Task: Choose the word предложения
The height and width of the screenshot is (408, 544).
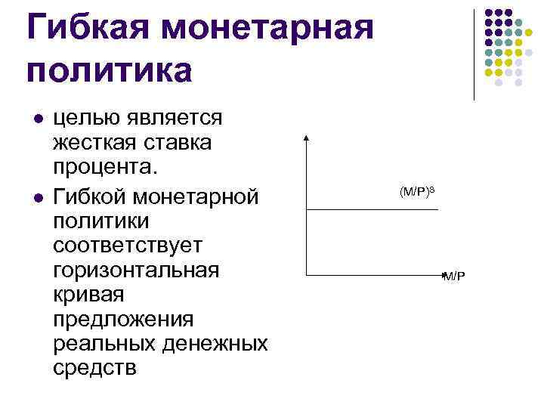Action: (x=123, y=318)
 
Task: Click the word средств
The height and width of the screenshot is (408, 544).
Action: (x=95, y=368)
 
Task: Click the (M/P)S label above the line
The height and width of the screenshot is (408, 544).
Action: (x=418, y=193)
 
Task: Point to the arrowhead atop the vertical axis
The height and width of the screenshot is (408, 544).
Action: (x=306, y=138)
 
